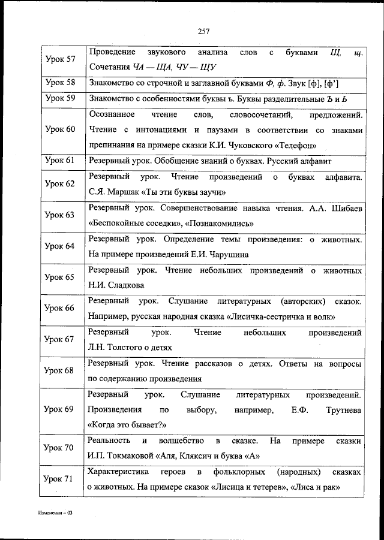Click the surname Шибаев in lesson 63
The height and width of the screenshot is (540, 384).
coord(344,208)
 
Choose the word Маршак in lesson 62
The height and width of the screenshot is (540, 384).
coord(122,192)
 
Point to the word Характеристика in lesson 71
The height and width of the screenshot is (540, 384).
coord(116,473)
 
